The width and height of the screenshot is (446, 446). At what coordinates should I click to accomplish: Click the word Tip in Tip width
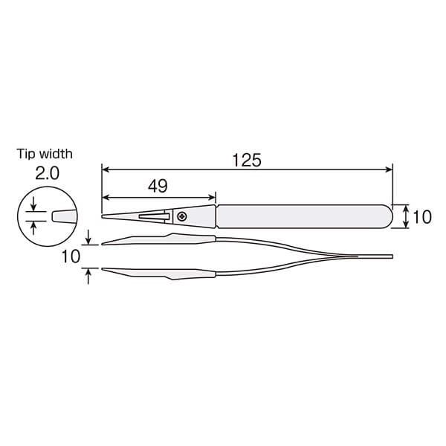27,154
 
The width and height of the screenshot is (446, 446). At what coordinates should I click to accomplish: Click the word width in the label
57,154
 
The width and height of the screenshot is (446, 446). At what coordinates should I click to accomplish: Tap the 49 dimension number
157,186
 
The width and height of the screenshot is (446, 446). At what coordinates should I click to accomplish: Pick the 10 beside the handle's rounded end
421,216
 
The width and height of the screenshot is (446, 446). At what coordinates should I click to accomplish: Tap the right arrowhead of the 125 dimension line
387,170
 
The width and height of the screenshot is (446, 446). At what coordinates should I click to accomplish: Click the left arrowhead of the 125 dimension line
106,170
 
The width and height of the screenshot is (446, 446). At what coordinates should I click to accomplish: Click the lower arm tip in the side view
104,269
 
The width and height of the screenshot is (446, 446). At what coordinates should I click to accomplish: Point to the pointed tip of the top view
103,216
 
